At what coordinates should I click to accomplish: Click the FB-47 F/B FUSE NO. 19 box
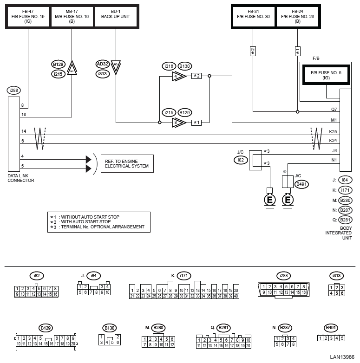click(x=28, y=16)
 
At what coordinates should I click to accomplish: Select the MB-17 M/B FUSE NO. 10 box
click(x=72, y=16)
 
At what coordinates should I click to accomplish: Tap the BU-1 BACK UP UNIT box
click(x=116, y=16)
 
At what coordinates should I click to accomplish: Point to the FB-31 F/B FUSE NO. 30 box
click(x=253, y=16)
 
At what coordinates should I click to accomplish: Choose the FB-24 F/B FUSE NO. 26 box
click(x=297, y=16)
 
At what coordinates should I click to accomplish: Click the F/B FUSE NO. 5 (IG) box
click(x=326, y=75)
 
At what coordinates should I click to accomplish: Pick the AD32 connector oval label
click(x=102, y=64)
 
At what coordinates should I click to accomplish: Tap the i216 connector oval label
click(x=169, y=66)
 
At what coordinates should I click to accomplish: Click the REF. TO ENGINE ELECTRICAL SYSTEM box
click(x=127, y=164)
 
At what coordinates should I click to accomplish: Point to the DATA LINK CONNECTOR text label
click(x=21, y=178)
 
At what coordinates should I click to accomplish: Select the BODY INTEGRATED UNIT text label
click(x=339, y=233)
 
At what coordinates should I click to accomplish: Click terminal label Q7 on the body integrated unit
click(x=334, y=109)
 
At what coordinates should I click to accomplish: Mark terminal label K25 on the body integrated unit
click(x=333, y=131)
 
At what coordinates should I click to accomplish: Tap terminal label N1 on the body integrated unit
click(x=334, y=160)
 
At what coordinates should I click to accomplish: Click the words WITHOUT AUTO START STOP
click(x=90, y=217)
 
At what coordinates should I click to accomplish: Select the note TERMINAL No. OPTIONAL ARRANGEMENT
click(x=103, y=227)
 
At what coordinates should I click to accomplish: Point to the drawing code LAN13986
click(x=342, y=357)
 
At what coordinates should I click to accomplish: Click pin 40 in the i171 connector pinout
click(x=236, y=296)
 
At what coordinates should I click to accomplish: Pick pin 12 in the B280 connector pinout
click(x=172, y=344)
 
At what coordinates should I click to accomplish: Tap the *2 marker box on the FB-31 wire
click(x=253, y=51)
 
